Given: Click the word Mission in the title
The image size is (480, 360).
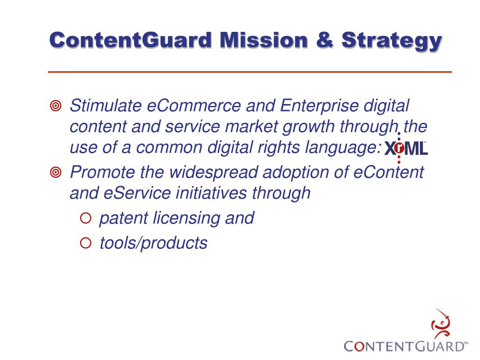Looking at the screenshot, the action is [264, 40].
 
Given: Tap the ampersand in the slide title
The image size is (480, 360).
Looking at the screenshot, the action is [324, 40].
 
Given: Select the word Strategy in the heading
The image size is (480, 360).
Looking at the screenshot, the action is [392, 42].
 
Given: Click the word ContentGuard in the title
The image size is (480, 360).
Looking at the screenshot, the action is [131, 40].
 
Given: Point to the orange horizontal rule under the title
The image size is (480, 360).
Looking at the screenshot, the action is [250, 72].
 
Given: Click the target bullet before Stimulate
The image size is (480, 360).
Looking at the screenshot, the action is [56, 106].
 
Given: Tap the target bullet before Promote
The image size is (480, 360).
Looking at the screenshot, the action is [56, 172].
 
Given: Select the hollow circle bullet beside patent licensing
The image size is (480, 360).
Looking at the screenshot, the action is [86, 218].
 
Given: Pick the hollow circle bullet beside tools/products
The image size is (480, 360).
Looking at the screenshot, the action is [86, 243].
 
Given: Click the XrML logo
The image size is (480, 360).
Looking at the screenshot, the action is [406, 148].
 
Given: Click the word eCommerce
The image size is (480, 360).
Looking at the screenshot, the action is [194, 106].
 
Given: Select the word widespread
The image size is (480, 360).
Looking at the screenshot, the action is [214, 172].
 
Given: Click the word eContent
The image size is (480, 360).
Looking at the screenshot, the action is [388, 172].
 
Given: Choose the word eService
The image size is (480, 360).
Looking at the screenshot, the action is [137, 193].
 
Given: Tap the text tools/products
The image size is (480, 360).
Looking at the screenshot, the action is [154, 244].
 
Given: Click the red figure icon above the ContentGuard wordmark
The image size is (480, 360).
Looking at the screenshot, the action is [441, 323].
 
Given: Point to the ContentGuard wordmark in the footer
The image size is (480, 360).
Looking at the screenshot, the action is [406, 346].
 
